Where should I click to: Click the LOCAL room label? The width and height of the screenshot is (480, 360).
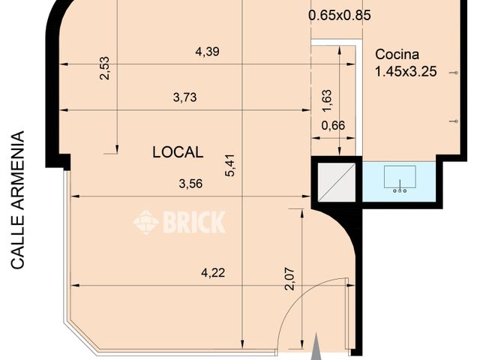tap(178, 152)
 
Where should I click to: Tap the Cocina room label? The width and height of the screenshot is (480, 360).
tap(397, 55)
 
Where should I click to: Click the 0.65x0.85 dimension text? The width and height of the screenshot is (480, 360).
tap(340, 14)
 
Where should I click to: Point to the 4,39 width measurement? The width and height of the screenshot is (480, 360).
tap(208, 52)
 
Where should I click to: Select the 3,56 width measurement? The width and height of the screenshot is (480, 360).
tap(192, 184)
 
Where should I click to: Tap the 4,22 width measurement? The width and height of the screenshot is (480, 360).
tap(212, 273)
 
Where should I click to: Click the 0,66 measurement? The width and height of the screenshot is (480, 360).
tap(333, 125)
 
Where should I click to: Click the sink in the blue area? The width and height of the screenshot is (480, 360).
tap(399, 180)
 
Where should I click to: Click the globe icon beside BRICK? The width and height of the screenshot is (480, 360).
tap(146, 222)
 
